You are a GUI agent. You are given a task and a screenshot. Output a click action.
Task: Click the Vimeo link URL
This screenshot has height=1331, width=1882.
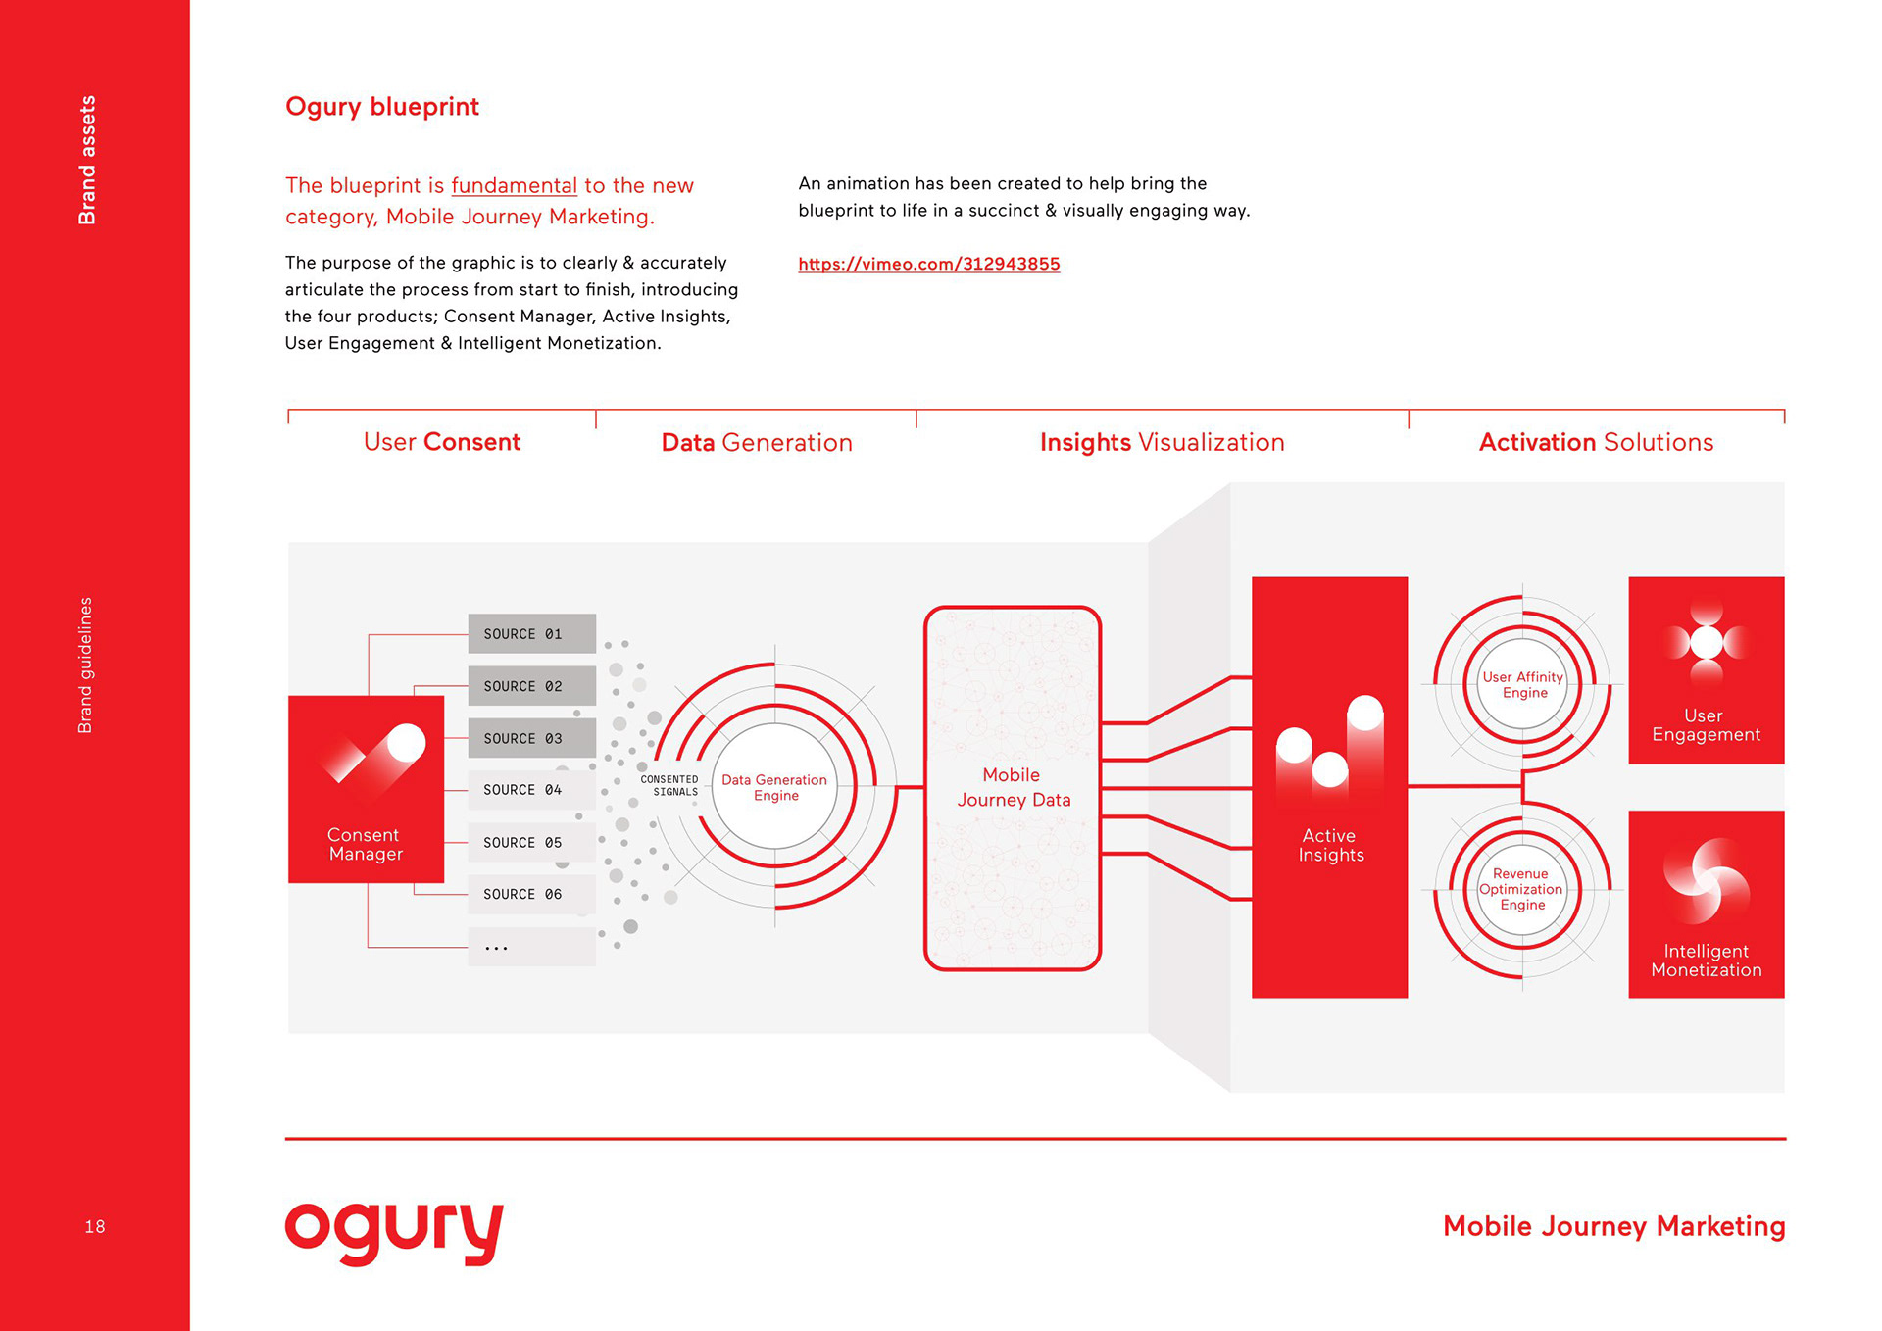pos(928,264)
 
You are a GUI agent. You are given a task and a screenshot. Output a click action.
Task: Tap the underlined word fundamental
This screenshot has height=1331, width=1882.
pos(514,185)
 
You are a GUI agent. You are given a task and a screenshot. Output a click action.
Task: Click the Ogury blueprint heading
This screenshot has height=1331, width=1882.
pos(381,107)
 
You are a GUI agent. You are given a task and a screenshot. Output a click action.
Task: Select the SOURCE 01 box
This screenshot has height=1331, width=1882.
pos(531,634)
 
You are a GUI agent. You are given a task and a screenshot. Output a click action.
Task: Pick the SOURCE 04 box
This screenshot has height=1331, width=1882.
pos(531,790)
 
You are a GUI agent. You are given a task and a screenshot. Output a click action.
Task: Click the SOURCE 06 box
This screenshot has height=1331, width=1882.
pos(531,894)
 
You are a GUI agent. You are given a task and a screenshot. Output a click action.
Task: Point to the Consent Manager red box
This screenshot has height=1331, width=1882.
pos(366,789)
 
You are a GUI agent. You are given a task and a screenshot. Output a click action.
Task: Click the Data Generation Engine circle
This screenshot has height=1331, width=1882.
pos(774,787)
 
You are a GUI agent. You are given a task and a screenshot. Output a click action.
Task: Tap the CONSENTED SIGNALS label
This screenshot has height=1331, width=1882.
pos(669,786)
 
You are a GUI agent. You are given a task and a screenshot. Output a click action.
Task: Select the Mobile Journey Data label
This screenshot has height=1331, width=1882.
pos(1013,787)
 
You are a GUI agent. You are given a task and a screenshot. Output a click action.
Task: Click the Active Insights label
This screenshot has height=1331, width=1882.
pos(1330,845)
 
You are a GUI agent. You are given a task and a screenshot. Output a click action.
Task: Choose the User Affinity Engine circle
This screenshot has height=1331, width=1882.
pos(1522,685)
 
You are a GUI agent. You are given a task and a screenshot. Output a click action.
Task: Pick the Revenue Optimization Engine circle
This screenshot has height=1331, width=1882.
pos(1521,889)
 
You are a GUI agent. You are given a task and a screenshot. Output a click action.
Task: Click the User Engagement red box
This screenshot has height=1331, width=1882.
pos(1706,670)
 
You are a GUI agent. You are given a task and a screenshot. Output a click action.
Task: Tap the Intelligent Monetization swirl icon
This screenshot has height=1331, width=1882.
pos(1706,880)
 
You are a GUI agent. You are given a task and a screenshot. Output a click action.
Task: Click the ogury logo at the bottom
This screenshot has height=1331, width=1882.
pos(394,1232)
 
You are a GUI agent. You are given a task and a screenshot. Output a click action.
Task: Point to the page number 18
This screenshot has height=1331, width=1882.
pos(95,1227)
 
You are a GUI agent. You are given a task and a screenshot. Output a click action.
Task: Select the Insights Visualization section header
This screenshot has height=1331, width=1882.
pos(1162,443)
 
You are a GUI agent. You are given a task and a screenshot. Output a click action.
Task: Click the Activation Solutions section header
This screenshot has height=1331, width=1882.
pos(1596,443)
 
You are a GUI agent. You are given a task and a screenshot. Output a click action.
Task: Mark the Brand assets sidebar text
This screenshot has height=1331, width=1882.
pos(88,160)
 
